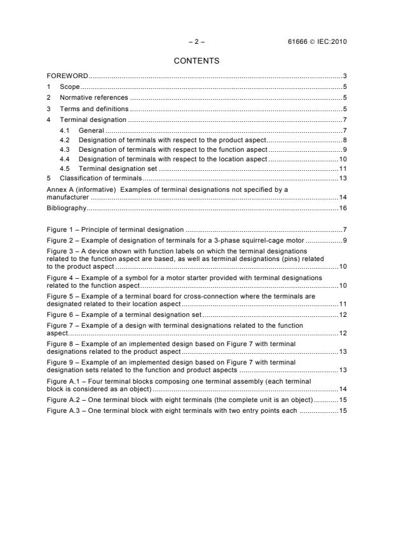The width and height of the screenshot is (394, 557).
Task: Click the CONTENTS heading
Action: (x=196, y=61)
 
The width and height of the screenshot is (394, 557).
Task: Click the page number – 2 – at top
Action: (x=196, y=42)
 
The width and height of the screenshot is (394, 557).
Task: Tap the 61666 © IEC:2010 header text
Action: (x=317, y=42)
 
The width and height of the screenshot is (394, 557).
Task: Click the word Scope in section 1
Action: (x=70, y=87)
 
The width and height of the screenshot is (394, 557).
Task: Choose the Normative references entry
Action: (x=93, y=98)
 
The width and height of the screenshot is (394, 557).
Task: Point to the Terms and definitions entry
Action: (x=92, y=109)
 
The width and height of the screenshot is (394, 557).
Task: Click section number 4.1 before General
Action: (x=64, y=130)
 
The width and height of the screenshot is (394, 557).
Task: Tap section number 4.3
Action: (x=64, y=149)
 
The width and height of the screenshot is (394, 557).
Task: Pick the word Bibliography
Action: (x=67, y=208)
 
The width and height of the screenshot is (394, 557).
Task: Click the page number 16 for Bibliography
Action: (x=342, y=208)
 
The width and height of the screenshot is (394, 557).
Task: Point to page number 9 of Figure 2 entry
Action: (x=344, y=240)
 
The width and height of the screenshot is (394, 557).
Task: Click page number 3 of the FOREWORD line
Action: (x=344, y=76)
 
